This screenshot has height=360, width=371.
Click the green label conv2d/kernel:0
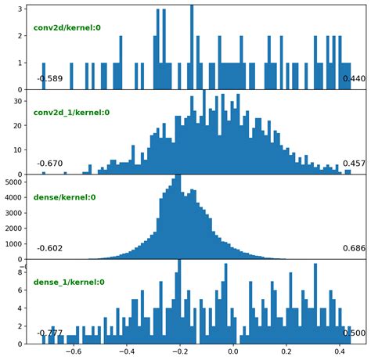click(x=67, y=28)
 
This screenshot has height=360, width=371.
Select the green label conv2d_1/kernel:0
click(x=71, y=113)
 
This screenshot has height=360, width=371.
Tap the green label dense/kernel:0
click(x=64, y=197)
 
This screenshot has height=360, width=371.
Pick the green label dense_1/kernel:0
click(x=69, y=282)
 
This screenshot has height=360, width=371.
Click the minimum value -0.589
click(x=49, y=79)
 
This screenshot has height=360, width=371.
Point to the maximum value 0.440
click(x=354, y=79)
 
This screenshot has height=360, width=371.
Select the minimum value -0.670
click(x=49, y=164)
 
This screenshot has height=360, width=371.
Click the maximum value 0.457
click(x=354, y=164)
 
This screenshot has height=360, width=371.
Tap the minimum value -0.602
click(x=49, y=248)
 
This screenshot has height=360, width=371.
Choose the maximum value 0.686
click(x=354, y=248)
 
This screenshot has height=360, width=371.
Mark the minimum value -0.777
click(x=49, y=333)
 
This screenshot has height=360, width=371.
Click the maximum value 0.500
click(x=354, y=333)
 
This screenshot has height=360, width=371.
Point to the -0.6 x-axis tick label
click(x=72, y=352)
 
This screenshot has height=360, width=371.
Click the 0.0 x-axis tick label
click(x=234, y=352)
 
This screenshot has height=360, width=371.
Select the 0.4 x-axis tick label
click(x=340, y=352)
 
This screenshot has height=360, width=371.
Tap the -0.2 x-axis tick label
click(x=178, y=352)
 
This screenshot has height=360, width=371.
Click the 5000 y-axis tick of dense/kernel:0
click(x=16, y=182)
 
